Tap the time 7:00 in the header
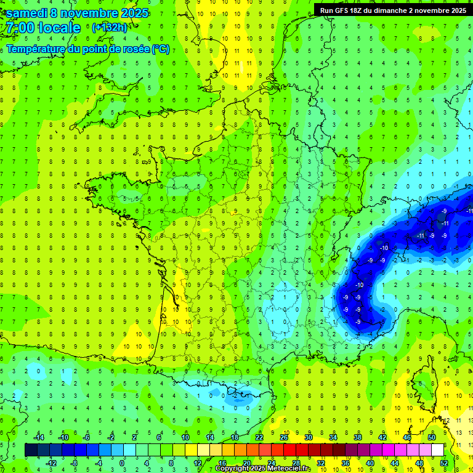[19, 28]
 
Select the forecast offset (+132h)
[109, 27]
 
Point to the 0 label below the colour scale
[122, 463]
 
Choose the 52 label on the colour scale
[444, 463]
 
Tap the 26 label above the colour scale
[284, 437]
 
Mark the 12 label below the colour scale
[197, 463]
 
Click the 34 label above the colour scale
[333, 437]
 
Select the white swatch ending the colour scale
[437, 450]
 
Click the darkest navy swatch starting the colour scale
[31, 450]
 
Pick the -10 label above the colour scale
[62, 437]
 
